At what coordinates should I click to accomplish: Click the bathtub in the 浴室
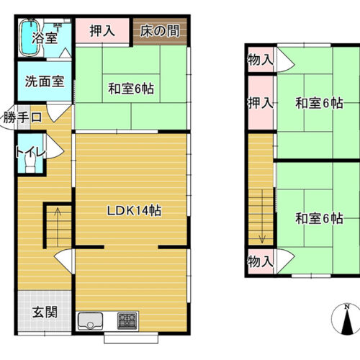(x=30, y=37)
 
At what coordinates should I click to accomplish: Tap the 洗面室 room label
(x=45, y=81)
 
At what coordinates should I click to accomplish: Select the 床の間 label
(x=160, y=31)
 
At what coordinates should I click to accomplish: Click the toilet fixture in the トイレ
(x=30, y=161)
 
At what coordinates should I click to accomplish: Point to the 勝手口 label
(x=22, y=117)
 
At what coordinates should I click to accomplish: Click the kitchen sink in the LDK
(x=90, y=321)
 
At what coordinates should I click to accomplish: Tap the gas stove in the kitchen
(x=127, y=321)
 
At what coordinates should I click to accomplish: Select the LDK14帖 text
(x=134, y=211)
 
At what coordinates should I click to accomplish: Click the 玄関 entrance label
(x=45, y=312)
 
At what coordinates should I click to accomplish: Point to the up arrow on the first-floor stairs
(x=58, y=227)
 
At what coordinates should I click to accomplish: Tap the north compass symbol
(x=346, y=320)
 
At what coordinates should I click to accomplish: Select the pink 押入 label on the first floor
(x=102, y=31)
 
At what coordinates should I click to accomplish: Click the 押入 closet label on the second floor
(x=261, y=103)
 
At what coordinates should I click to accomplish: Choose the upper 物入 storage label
(x=261, y=60)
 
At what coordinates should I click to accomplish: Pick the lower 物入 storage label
(x=261, y=261)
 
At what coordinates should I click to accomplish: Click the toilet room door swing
(x=54, y=146)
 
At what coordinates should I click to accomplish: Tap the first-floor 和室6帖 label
(x=131, y=89)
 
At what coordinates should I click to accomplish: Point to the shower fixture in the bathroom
(x=58, y=26)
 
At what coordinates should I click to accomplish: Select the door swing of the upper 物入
(x=285, y=60)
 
